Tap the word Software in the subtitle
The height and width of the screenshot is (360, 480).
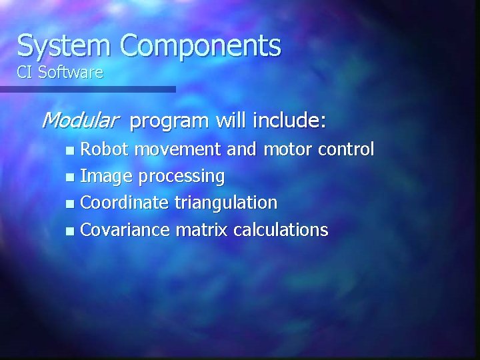coord(71,73)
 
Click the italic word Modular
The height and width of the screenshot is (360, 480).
coord(79,121)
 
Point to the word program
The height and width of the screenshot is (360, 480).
coord(170,122)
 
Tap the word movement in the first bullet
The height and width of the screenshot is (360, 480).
coord(179,149)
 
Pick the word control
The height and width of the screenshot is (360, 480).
coord(346,149)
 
